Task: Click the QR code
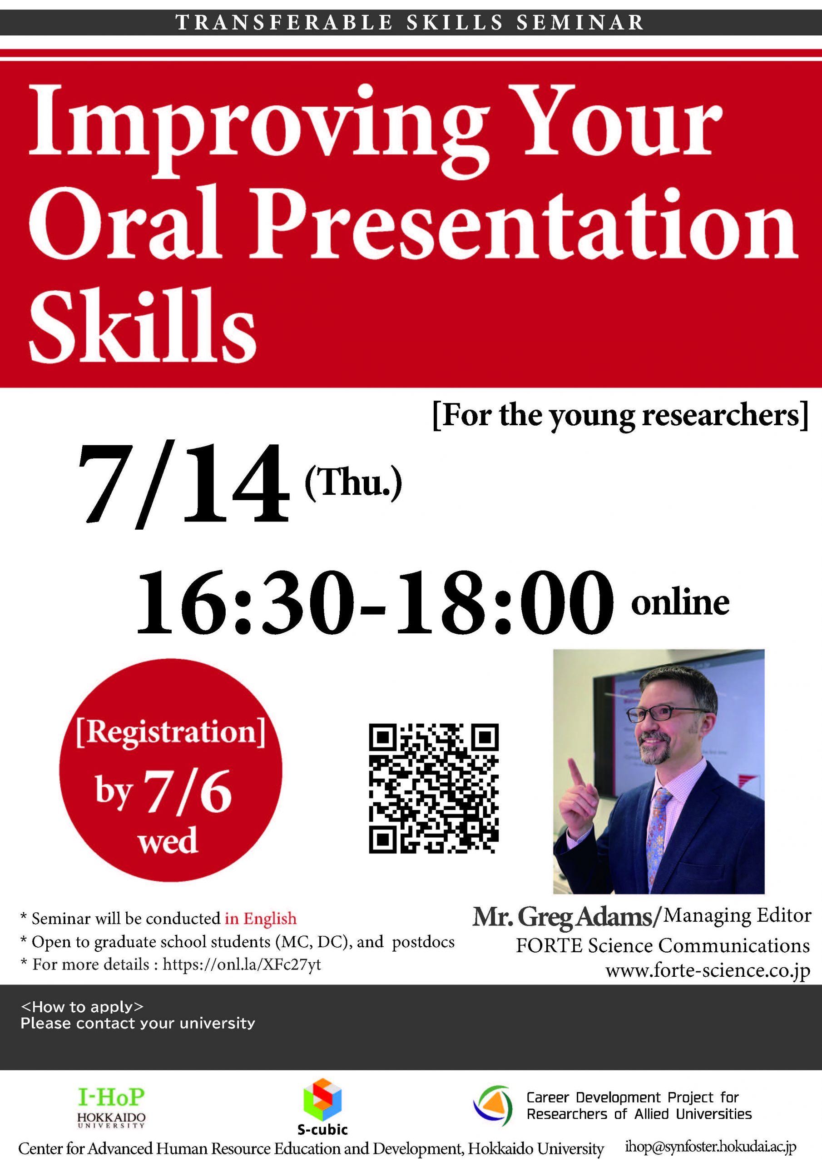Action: pos(434,788)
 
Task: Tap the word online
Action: pos(680,602)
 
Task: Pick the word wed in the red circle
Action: pos(168,841)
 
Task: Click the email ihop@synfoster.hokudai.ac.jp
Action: pos(711,1147)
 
